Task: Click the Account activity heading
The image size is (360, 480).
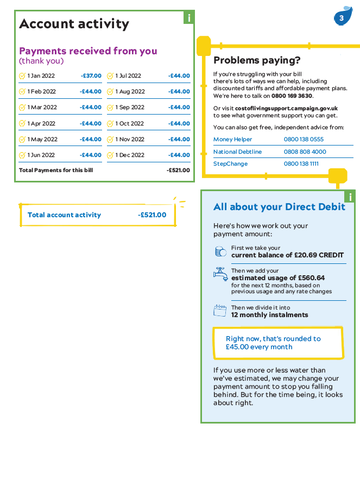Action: tap(74, 24)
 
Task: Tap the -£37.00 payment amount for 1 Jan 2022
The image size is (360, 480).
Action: tap(91, 76)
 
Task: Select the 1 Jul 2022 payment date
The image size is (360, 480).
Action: tap(128, 76)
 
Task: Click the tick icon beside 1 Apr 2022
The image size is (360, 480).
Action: tap(22, 124)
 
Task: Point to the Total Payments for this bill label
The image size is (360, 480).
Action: tap(56, 170)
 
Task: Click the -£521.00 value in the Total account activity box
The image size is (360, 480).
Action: tap(152, 215)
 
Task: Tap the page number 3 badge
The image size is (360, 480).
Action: tap(342, 18)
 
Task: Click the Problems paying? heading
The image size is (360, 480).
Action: tap(257, 60)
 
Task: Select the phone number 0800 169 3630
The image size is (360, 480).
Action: tap(292, 96)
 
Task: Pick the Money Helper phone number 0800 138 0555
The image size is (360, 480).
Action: tap(304, 140)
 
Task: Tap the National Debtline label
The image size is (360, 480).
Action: tap(237, 152)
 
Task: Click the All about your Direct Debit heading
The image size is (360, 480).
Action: tap(279, 207)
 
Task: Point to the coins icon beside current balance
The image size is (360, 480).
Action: tap(220, 251)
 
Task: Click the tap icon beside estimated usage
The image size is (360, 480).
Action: tap(220, 274)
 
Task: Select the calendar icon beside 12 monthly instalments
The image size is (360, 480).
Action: tap(220, 311)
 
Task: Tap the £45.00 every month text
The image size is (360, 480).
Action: tap(259, 347)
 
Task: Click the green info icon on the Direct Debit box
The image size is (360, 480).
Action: tap(350, 197)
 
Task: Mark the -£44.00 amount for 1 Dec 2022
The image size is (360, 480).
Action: tap(179, 155)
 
